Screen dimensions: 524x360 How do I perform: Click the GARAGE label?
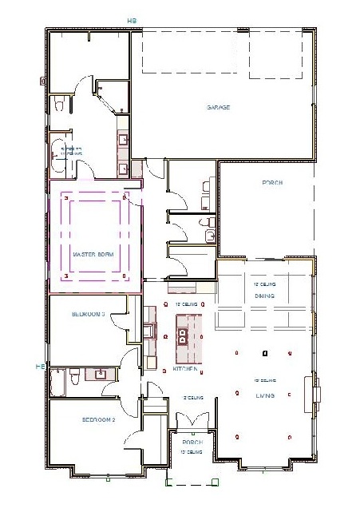[x=219, y=107]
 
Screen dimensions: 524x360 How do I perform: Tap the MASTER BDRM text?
[x=93, y=254]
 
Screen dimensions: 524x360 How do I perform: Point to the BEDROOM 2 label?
[x=99, y=419]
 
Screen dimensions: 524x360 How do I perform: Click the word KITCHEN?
[x=186, y=370]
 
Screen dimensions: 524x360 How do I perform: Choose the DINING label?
[x=265, y=296]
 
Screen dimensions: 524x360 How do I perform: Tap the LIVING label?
[x=265, y=395]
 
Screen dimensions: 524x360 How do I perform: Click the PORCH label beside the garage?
[x=273, y=183]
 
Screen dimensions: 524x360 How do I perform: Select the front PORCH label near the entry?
[x=192, y=442]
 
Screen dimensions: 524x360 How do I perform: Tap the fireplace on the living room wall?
[x=316, y=392]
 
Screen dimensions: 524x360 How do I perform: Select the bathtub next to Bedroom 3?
[x=58, y=382]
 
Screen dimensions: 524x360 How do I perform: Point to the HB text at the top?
[x=133, y=21]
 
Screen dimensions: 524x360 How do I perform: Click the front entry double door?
[x=192, y=422]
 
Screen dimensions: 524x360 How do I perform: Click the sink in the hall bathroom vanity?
[x=101, y=373]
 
